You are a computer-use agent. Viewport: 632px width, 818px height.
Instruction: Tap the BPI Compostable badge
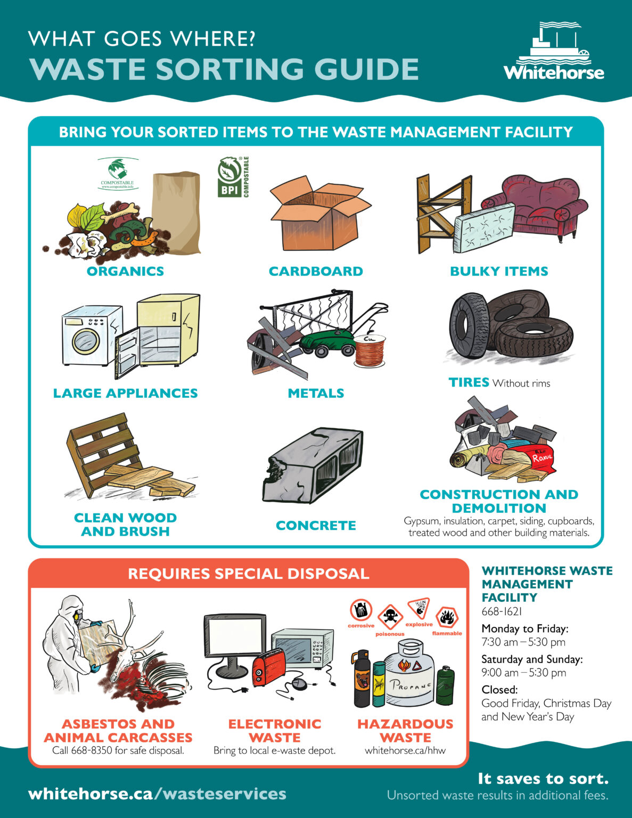point(233,177)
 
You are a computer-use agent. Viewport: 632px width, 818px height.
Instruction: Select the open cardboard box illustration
point(318,216)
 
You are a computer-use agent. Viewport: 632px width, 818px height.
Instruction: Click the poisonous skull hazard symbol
point(391,618)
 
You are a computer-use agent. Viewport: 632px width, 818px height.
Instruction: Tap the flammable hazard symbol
point(447,618)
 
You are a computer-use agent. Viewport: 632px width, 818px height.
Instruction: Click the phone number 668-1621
point(502,612)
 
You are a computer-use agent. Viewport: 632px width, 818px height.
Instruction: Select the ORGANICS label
point(125,271)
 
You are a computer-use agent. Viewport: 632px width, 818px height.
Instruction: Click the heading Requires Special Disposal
point(248,574)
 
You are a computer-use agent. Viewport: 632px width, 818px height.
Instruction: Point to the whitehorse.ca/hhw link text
point(405,751)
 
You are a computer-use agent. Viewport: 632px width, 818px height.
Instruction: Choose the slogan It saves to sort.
point(543,779)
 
